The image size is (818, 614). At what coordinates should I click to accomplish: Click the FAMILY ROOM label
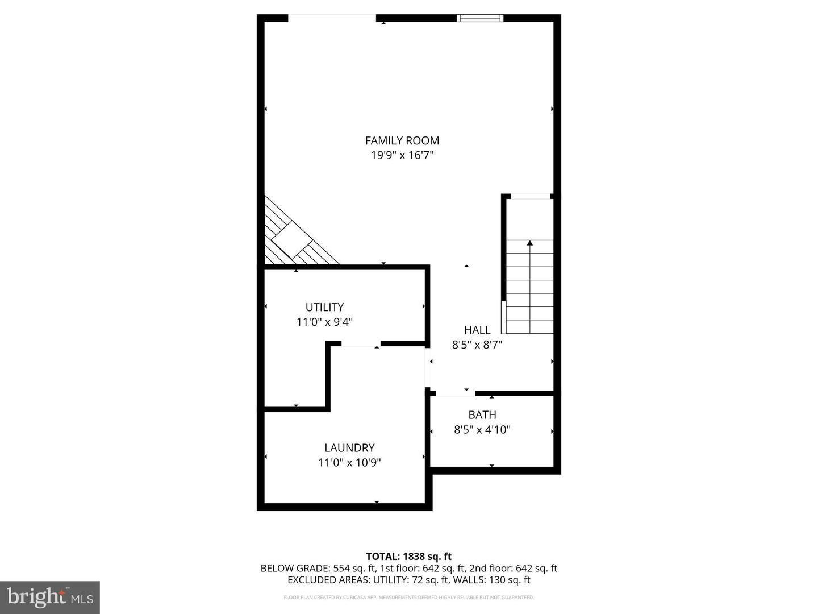(x=402, y=140)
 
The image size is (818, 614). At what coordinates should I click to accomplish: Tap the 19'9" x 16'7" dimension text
(x=402, y=155)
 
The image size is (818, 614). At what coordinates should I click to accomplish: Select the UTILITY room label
(x=324, y=307)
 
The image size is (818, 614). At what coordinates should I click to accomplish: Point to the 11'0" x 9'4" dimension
(x=324, y=322)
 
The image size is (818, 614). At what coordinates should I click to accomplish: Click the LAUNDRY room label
(x=349, y=447)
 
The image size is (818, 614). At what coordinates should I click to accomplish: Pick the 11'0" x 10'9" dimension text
(x=349, y=463)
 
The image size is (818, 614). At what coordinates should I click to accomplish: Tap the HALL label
(x=477, y=330)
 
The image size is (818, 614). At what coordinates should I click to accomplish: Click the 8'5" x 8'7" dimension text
(x=477, y=345)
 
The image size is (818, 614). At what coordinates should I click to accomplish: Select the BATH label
(x=482, y=415)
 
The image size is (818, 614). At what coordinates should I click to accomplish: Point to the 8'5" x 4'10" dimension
(x=482, y=430)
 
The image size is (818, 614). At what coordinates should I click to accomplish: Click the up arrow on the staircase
(x=530, y=243)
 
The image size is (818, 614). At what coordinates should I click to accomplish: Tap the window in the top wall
(x=480, y=18)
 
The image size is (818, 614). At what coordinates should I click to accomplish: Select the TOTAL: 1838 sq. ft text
(x=408, y=556)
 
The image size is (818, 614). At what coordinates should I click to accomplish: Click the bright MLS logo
(x=50, y=597)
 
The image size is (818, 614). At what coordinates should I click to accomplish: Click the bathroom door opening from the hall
(x=455, y=393)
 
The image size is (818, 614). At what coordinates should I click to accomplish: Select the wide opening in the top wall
(x=332, y=18)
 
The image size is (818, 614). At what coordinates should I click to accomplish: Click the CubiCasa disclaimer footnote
(x=408, y=598)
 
